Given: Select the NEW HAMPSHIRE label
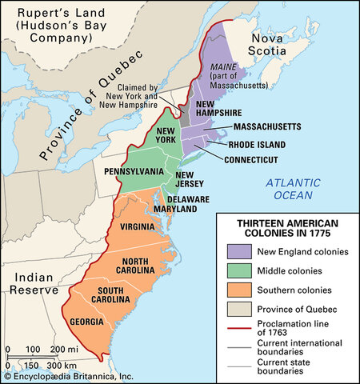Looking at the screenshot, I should (218, 111).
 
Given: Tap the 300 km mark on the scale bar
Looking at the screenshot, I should (52, 363).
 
